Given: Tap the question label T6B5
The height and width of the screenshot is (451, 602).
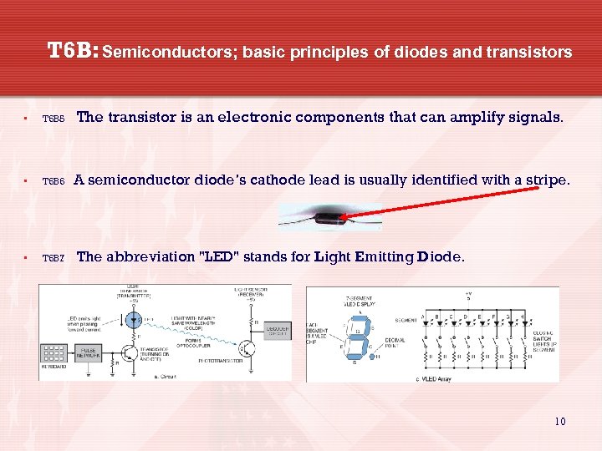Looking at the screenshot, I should (x=54, y=119).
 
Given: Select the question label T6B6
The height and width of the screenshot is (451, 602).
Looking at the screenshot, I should (x=54, y=181).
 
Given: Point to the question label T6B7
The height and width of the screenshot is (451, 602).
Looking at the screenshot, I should (x=54, y=259).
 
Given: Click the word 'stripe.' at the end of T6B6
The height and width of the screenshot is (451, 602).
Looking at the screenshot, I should (x=543, y=180).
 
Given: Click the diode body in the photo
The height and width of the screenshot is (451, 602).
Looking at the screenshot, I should (x=329, y=218).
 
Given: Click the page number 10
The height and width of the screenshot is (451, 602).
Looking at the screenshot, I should (x=559, y=421).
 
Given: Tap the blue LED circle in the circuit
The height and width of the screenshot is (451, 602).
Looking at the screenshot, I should (x=133, y=319).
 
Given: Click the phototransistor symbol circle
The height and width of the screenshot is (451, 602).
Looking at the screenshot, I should (x=247, y=347).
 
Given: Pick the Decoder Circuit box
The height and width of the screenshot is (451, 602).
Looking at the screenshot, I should (x=276, y=331).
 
